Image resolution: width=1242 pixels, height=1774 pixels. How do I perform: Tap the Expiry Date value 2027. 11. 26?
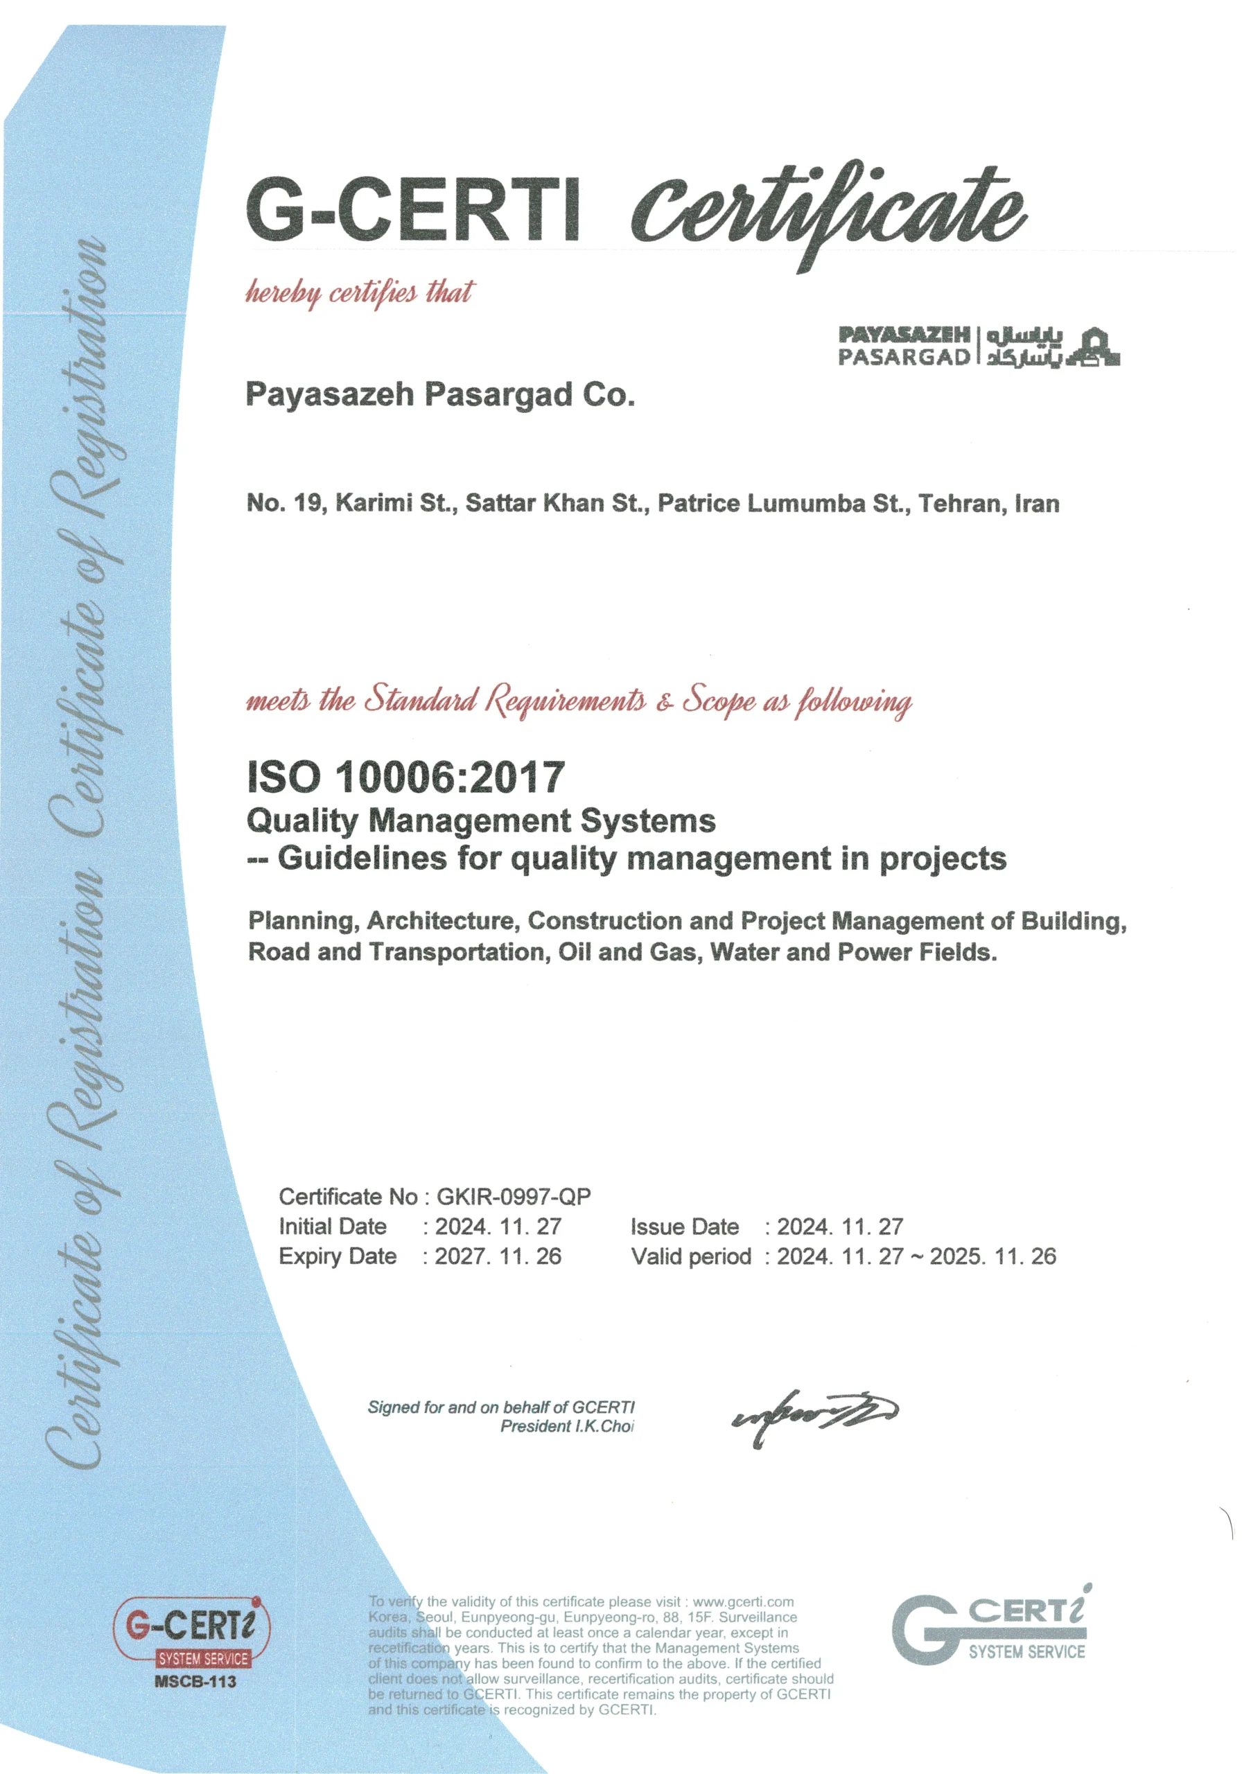(x=498, y=1256)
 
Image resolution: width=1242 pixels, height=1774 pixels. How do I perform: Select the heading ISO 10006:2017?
(x=405, y=777)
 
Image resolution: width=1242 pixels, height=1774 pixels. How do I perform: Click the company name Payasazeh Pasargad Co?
(x=440, y=395)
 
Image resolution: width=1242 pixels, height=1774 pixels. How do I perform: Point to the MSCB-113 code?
(x=195, y=1681)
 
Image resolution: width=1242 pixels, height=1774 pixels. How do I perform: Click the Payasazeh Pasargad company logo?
(x=979, y=345)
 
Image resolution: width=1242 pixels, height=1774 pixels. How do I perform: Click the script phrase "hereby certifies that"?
(x=360, y=294)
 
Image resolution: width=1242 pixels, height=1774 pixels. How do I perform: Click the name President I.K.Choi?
(x=566, y=1426)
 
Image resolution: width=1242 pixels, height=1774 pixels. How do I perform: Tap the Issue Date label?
(x=684, y=1227)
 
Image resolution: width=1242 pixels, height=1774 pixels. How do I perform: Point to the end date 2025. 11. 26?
(x=992, y=1256)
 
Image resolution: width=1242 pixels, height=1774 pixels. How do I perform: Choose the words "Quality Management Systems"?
(x=481, y=820)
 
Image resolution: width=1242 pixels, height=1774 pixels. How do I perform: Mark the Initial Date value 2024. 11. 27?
(x=498, y=1227)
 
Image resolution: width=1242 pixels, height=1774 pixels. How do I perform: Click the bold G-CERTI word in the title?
(x=412, y=209)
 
